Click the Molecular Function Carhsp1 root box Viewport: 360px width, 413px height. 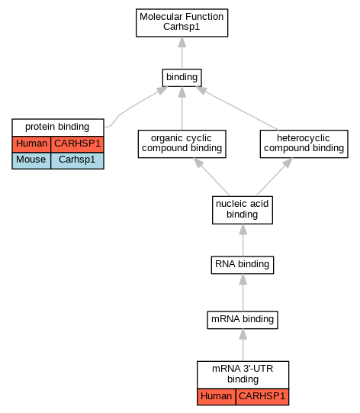coord(182,23)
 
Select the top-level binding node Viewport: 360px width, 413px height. coord(182,78)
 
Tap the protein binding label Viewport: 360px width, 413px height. coord(57,127)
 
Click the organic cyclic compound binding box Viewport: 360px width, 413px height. coord(182,144)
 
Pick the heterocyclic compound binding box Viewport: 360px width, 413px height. coord(304,144)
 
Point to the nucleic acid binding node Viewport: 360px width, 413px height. coord(243,210)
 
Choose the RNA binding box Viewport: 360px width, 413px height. coord(243,265)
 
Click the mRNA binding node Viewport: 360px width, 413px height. coord(243,320)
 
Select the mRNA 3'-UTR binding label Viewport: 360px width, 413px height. coord(243,374)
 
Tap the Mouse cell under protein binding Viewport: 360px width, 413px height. coord(31,160)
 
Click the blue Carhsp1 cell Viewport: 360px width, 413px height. coord(77,160)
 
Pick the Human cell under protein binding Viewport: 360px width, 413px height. coord(31,144)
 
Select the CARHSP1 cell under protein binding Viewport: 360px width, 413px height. coord(77,144)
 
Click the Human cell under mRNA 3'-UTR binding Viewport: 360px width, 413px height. coord(217,396)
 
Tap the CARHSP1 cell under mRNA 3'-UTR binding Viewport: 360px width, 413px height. coord(262,396)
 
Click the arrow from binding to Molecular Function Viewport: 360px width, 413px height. coord(182,53)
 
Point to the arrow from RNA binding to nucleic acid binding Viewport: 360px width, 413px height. coord(243,240)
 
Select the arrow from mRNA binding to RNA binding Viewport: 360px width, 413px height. coord(243,292)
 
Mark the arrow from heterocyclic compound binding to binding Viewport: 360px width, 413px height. coord(237,108)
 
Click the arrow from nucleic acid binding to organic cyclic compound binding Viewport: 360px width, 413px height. coord(211,177)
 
